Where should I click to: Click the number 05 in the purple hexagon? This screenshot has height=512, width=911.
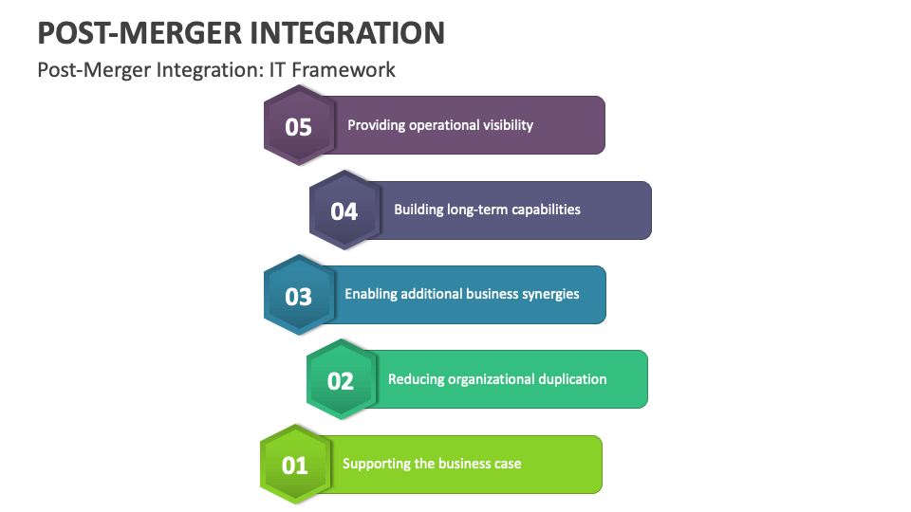tap(298, 127)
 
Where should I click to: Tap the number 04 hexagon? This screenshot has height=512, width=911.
tap(344, 210)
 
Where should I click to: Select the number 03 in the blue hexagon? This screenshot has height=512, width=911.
tap(299, 297)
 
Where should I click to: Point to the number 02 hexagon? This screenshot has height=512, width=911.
tap(341, 379)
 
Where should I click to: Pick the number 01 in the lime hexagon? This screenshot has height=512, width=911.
tap(294, 466)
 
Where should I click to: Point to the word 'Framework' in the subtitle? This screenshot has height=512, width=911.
tap(344, 69)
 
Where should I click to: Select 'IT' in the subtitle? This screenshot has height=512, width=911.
tap(277, 69)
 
